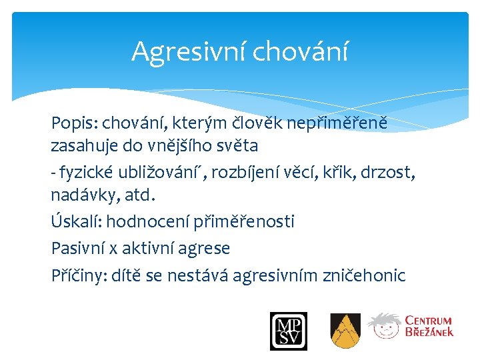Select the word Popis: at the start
[73, 123]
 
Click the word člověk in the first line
[259, 123]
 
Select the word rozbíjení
[247, 173]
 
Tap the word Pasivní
[78, 249]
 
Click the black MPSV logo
[288, 331]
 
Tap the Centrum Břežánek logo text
[429, 326]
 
